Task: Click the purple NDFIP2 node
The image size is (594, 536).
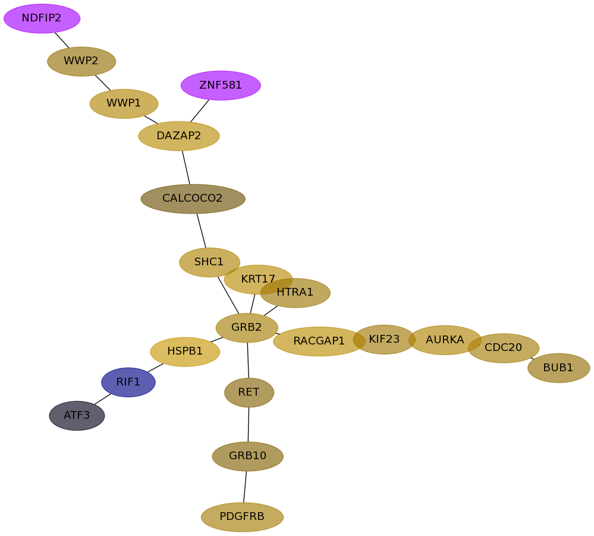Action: pyautogui.click(x=42, y=18)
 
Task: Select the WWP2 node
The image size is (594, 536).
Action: pyautogui.click(x=81, y=61)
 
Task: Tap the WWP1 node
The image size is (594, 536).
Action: pyautogui.click(x=124, y=104)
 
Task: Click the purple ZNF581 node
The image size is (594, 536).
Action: pyautogui.click(x=221, y=86)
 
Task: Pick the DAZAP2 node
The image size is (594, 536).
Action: pyautogui.click(x=179, y=136)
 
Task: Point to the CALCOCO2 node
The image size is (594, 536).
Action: pyautogui.click(x=193, y=199)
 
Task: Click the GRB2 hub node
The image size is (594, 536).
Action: pyautogui.click(x=247, y=328)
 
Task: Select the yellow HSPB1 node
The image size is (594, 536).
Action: pyautogui.click(x=185, y=352)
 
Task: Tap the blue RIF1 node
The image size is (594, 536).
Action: pyautogui.click(x=128, y=382)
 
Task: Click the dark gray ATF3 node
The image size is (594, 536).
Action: pyautogui.click(x=77, y=415)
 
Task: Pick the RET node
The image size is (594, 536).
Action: pyautogui.click(x=249, y=393)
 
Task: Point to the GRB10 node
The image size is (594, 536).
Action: pyautogui.click(x=247, y=456)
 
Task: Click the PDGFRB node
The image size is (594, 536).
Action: pyautogui.click(x=242, y=517)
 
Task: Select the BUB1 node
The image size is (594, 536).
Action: pyautogui.click(x=558, y=368)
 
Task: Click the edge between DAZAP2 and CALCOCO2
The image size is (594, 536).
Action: pyautogui.click(x=186, y=167)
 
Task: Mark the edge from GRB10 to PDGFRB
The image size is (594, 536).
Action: pyautogui.click(x=245, y=487)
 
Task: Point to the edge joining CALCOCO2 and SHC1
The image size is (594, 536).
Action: pyautogui.click(x=201, y=231)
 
